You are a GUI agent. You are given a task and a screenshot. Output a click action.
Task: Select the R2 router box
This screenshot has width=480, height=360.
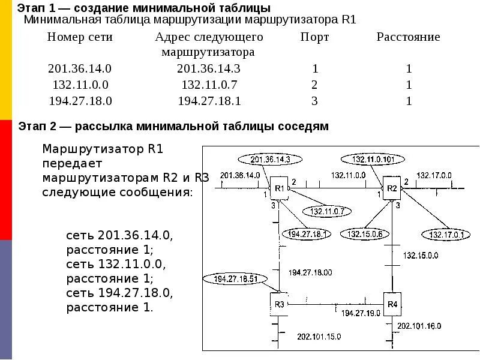click(x=392, y=188)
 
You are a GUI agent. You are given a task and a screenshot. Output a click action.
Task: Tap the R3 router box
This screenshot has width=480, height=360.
click(x=279, y=304)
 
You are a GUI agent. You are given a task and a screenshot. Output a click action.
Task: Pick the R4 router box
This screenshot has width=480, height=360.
click(x=392, y=304)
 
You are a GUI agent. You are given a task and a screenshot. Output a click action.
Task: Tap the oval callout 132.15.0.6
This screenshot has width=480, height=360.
click(x=364, y=235)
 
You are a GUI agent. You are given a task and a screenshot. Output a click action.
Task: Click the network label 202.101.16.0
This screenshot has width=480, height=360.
click(x=419, y=326)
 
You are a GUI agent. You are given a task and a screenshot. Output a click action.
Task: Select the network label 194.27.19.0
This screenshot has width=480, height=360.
click(x=360, y=313)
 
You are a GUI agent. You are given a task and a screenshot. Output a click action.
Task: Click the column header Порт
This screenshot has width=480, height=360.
click(x=314, y=37)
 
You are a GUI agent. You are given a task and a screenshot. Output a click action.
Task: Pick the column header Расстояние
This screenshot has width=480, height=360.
click(x=408, y=37)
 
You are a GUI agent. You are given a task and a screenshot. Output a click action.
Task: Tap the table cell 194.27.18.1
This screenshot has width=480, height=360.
click(x=209, y=101)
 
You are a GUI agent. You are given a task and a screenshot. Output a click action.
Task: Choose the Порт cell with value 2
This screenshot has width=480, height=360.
click(x=314, y=85)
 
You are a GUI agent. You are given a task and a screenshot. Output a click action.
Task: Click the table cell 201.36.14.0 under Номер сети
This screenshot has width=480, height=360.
click(x=80, y=68)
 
